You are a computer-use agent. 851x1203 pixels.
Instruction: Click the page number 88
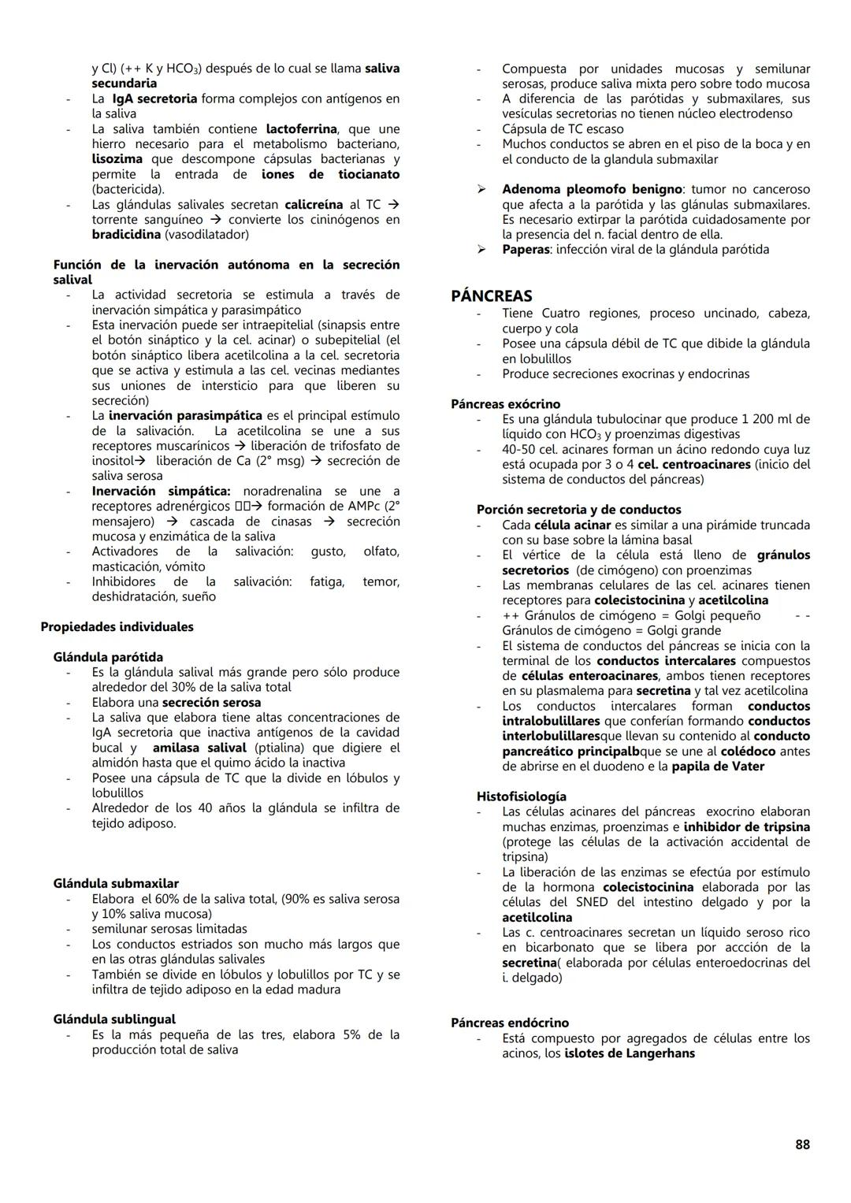tap(802, 1145)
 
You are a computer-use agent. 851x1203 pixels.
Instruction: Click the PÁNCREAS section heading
tap(491, 296)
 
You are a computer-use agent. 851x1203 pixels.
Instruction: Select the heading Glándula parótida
tap(108, 657)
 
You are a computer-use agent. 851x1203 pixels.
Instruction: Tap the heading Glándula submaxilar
tap(116, 884)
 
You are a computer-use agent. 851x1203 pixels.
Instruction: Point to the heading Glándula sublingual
tap(114, 1019)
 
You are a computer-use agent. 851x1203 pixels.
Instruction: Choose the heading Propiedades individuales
tap(117, 627)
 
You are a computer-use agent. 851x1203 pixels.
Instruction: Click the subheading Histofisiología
tap(521, 796)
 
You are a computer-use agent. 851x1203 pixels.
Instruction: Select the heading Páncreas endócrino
tap(510, 1023)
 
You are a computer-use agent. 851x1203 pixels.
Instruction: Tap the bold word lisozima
tap(117, 159)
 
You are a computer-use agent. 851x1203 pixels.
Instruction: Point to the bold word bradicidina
tap(126, 235)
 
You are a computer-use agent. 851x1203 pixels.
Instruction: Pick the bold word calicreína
tap(314, 205)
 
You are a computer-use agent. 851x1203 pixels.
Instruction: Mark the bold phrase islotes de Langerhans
tap(630, 1053)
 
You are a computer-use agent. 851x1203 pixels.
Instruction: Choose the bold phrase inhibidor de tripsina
tap(746, 827)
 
